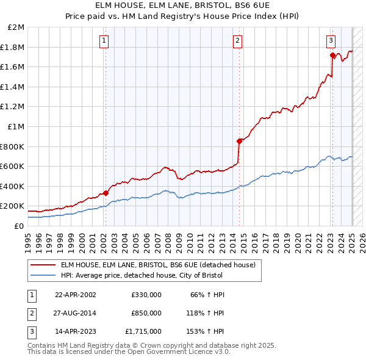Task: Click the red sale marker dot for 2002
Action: [x=106, y=193]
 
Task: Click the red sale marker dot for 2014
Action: [x=239, y=141]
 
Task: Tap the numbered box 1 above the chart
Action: [x=104, y=41]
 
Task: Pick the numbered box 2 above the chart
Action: [x=237, y=41]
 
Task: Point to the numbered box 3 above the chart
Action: [x=331, y=41]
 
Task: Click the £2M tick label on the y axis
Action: [x=16, y=27]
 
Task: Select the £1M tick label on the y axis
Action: [x=16, y=127]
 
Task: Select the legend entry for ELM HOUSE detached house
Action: [x=161, y=265]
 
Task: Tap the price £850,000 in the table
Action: [x=146, y=313]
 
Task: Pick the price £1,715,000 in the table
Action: [x=143, y=331]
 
